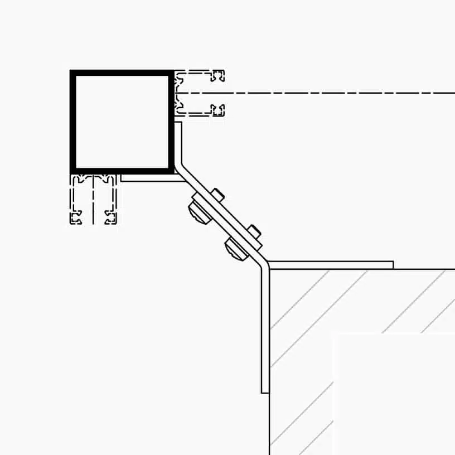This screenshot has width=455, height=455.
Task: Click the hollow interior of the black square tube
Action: tap(122, 122)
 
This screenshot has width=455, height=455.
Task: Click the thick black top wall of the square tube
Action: tap(122, 73)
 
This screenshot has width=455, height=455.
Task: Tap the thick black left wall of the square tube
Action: tap(72, 122)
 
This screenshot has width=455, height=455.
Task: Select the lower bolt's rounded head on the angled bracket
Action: tap(235, 248)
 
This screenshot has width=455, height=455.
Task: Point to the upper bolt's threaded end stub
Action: tap(218, 195)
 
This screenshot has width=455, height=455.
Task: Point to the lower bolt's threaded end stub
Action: tap(254, 230)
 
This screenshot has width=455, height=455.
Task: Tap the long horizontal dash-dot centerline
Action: tap(335, 93)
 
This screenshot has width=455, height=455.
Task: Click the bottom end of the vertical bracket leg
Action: tap(265, 391)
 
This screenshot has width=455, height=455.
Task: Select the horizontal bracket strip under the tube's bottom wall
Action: tap(148, 178)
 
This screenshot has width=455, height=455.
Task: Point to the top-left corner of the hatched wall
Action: tap(270, 270)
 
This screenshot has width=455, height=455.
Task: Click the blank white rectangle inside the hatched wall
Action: tap(393, 393)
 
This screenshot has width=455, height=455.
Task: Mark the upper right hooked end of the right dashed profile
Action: tap(220, 75)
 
